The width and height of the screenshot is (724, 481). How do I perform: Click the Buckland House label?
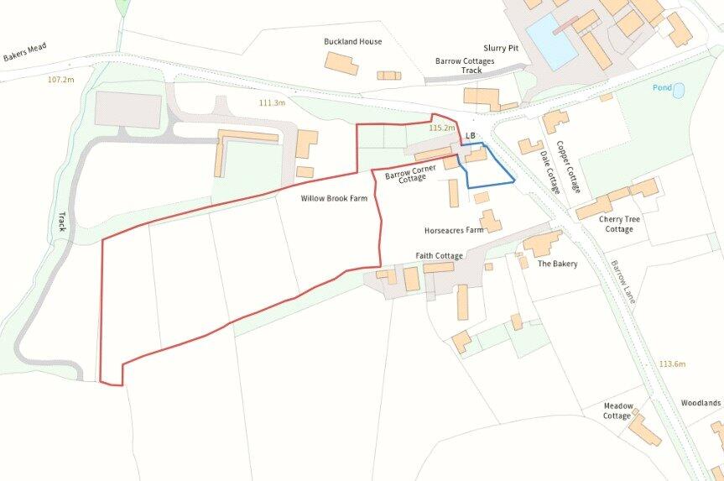pyautogui.click(x=352, y=41)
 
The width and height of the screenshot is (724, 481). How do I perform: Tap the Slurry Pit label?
pyautogui.click(x=501, y=49)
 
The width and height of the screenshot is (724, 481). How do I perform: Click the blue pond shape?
pyautogui.click(x=678, y=90)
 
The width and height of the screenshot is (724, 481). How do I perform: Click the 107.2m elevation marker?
pyautogui.click(x=61, y=80)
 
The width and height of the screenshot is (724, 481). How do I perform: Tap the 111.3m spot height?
pyautogui.click(x=272, y=103)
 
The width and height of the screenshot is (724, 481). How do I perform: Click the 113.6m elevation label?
pyautogui.click(x=672, y=363)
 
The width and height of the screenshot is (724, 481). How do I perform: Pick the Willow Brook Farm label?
pyautogui.click(x=336, y=199)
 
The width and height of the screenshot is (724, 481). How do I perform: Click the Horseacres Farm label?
pyautogui.click(x=454, y=230)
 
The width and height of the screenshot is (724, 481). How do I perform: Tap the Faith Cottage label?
pyautogui.click(x=439, y=255)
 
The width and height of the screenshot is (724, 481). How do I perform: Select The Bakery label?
pyautogui.click(x=557, y=264)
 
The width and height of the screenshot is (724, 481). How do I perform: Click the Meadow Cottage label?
pyautogui.click(x=617, y=410)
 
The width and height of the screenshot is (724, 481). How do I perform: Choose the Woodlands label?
pyautogui.click(x=701, y=403)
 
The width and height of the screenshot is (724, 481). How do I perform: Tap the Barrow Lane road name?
pyautogui.click(x=625, y=281)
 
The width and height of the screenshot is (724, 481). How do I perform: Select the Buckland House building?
pyautogui.click(x=341, y=64)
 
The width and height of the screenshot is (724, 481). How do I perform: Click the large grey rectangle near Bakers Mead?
pyautogui.click(x=128, y=110)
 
